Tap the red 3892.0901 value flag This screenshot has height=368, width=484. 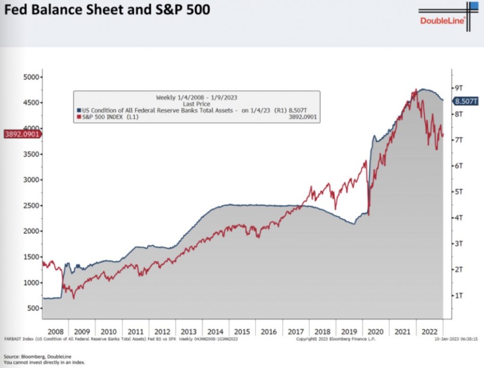coord(21,134)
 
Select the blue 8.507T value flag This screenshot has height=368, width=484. coord(466,101)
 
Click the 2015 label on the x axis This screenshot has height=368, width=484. coord(243,332)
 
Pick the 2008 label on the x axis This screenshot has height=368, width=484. coord(55,332)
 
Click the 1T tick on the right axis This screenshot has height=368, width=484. coord(457,295)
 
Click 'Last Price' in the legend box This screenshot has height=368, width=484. coord(196,103)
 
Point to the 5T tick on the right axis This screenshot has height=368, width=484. coord(457,192)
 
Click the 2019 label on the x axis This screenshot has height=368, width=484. coord(350,332)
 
